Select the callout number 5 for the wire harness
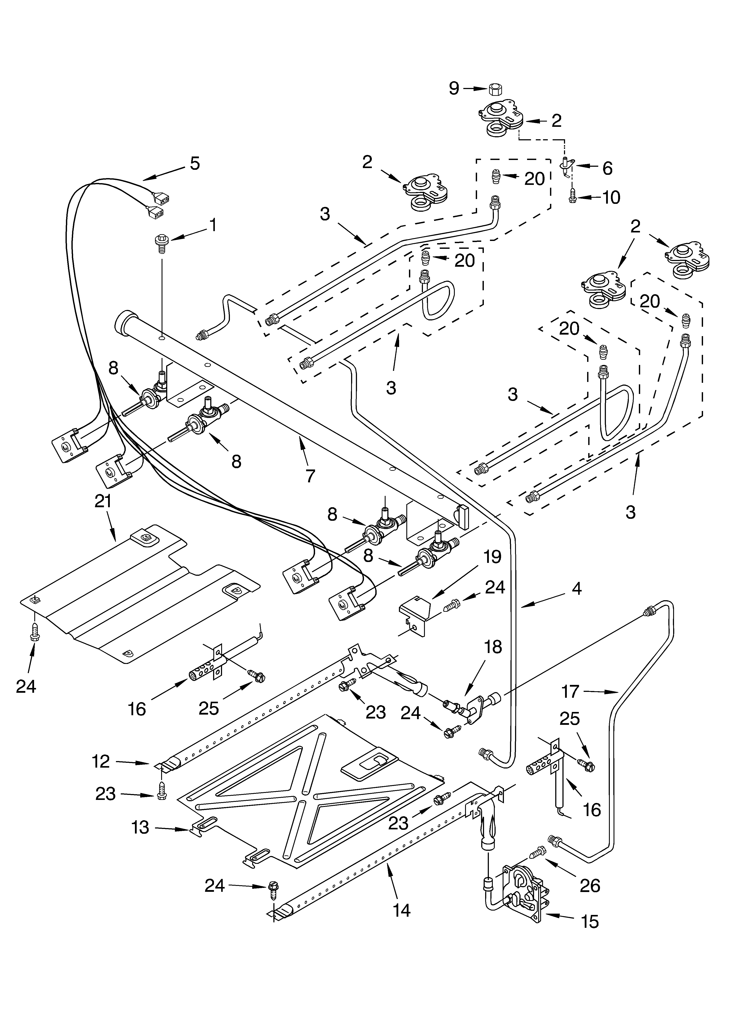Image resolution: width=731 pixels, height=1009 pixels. [195, 163]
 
